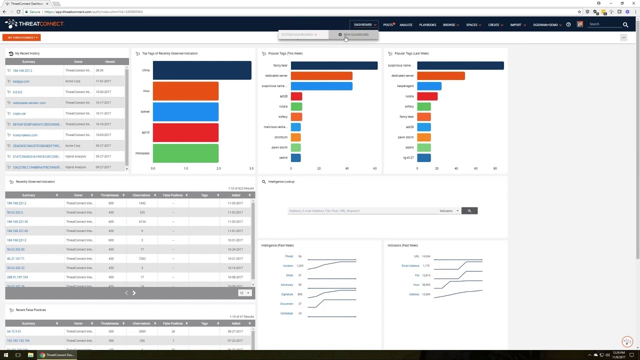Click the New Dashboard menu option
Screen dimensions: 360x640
pos(355,34)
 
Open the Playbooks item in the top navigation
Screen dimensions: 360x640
pos(427,24)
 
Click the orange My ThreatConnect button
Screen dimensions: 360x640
pos(22,37)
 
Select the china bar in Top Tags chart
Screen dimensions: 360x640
pos(202,70)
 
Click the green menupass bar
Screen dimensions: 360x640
pos(185,153)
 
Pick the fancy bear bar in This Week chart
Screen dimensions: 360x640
pos(334,65)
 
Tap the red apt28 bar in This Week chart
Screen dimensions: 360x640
pos(296,96)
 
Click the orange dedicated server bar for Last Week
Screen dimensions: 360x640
pos(441,75)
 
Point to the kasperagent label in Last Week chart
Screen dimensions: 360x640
pos(405,86)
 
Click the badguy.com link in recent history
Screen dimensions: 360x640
pos(21,81)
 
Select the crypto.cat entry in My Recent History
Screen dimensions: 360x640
pos(19,113)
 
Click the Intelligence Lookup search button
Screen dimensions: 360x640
pos(469,211)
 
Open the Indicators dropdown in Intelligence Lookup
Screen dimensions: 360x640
pos(448,211)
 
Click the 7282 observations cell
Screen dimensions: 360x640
pos(142,258)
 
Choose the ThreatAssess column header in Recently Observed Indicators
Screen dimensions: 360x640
pos(109,195)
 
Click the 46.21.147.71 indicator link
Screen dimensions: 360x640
pos(15,258)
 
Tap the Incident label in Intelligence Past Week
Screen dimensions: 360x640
pos(288,265)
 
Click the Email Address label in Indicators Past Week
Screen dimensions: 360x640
pos(410,265)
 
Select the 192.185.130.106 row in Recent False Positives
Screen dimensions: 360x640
pos(18,340)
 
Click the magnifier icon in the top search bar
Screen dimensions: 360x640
pos(625,24)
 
